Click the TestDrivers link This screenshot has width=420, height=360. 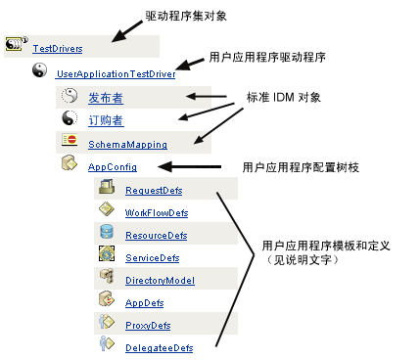point(57,48)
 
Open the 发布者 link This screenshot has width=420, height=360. point(106,98)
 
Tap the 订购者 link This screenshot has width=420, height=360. point(106,121)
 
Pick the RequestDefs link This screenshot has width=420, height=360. point(155,190)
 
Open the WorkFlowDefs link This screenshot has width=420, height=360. point(157,212)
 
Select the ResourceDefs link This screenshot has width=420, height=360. point(157,236)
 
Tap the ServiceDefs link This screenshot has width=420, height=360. point(152,258)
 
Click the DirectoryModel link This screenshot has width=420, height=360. point(159,281)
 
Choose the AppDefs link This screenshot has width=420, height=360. point(145,303)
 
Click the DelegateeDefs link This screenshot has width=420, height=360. point(159,348)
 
